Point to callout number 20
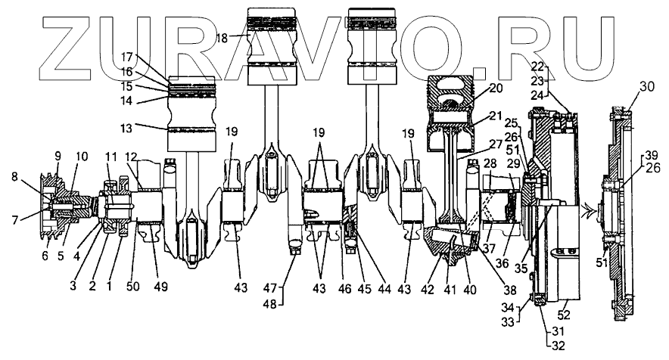[496, 88]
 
